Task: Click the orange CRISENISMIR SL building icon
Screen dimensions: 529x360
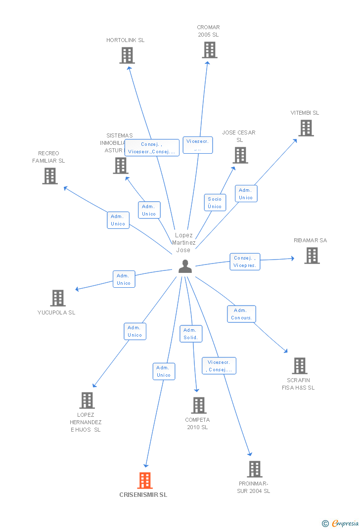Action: coord(145,481)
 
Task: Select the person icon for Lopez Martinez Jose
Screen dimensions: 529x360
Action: coord(185,266)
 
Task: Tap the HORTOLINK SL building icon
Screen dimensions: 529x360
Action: coord(127,55)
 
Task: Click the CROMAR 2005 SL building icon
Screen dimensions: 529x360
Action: coord(210,50)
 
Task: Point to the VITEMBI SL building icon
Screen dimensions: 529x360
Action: coord(306,128)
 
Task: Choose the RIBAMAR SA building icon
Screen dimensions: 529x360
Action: coord(312,256)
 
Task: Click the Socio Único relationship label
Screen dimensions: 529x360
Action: coord(215,203)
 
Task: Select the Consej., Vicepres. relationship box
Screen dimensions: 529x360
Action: coord(245,262)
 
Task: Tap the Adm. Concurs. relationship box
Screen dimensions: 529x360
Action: coord(241,314)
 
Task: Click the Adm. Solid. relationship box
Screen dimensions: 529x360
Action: coord(191,334)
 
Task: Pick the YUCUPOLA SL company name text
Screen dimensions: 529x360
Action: coord(56,312)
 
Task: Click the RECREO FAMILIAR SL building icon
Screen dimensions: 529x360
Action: coord(50,176)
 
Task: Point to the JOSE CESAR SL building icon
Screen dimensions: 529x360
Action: coord(240,155)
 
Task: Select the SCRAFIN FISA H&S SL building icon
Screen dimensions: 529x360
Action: coord(300,366)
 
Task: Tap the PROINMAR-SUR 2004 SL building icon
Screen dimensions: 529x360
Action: coord(255,469)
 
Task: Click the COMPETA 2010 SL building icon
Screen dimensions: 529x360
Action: coord(199,405)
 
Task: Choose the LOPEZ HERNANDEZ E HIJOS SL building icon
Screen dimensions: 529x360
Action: coord(87,400)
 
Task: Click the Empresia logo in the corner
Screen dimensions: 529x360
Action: coord(341,523)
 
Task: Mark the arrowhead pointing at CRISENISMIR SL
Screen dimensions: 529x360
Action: coord(146,465)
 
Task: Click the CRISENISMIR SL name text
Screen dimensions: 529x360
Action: coord(143,495)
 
